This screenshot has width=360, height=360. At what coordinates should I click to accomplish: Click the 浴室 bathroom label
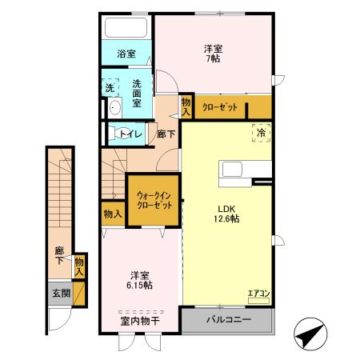(126, 54)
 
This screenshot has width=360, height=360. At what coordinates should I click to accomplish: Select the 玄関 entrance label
(61, 294)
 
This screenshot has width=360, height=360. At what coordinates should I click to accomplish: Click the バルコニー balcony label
(229, 320)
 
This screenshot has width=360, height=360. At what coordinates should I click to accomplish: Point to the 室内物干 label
(140, 321)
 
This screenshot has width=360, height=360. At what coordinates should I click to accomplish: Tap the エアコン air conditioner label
(258, 293)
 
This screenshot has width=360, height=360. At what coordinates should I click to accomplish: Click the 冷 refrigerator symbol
(262, 134)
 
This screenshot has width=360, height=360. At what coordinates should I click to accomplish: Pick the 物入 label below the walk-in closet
(113, 214)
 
